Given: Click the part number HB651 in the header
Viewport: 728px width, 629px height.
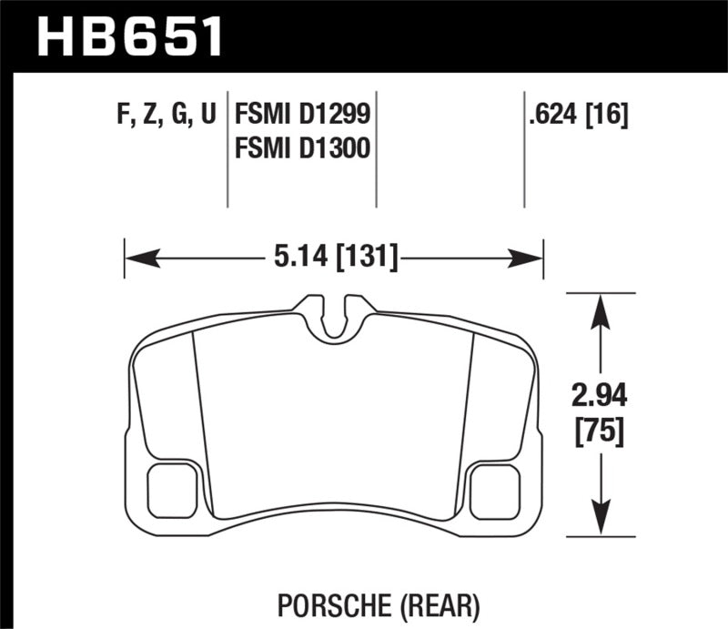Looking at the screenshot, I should pyautogui.click(x=127, y=37).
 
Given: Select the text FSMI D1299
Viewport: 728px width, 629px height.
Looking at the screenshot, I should pyautogui.click(x=304, y=115).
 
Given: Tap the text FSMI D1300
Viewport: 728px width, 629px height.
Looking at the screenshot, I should pyautogui.click(x=304, y=147).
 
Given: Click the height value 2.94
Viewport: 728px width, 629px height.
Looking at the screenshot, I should pyautogui.click(x=598, y=397).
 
